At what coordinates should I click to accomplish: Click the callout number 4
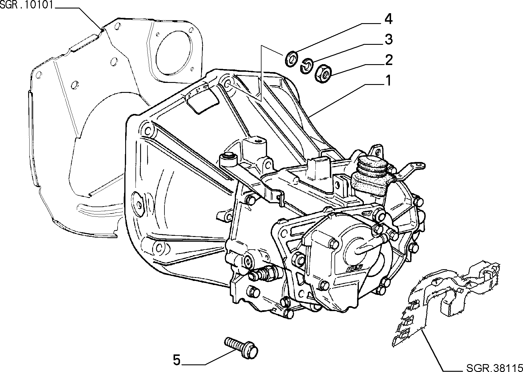point(388,19)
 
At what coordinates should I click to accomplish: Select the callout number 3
point(388,39)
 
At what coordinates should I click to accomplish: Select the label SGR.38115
point(494,367)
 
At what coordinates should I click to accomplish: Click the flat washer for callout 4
point(291,59)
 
